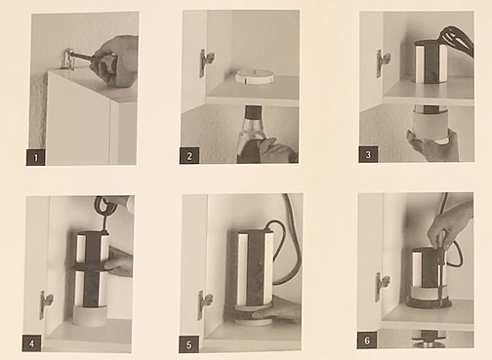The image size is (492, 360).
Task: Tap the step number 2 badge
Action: pyautogui.click(x=192, y=154)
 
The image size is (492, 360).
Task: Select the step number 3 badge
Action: pyautogui.click(x=368, y=154)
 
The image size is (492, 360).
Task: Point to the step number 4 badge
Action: pyautogui.click(x=33, y=341)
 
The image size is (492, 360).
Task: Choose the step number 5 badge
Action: pyautogui.click(x=190, y=342)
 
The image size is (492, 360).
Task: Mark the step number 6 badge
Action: pyautogui.click(x=368, y=341)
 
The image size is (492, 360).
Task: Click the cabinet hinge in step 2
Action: pyautogui.click(x=205, y=62)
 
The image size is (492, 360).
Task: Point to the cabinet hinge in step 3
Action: pyautogui.click(x=382, y=62)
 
